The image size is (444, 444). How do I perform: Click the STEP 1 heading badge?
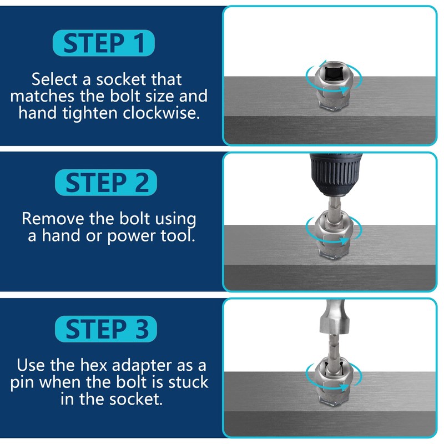(103, 43)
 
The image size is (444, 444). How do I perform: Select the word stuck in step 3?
(183, 382)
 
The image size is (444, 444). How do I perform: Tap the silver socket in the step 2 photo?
(331, 228)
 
